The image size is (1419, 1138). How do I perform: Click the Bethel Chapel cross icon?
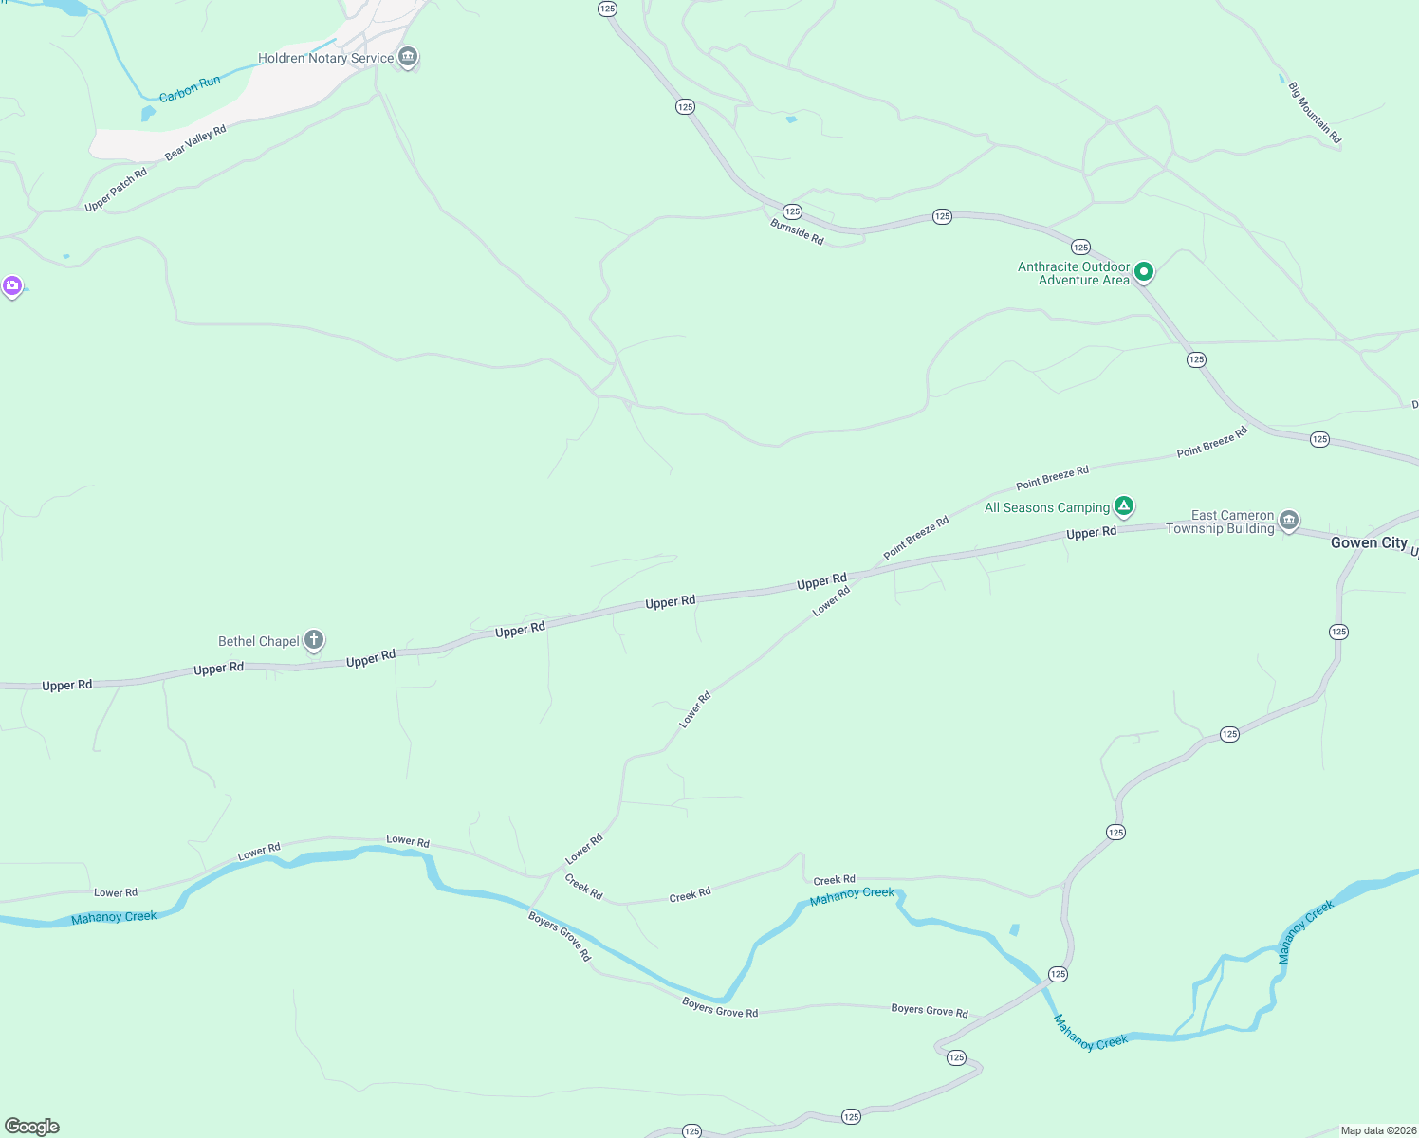314,640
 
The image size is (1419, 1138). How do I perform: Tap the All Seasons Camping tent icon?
1123,506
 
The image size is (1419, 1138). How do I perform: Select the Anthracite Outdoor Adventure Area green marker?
1144,272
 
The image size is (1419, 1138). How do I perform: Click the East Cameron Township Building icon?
1288,520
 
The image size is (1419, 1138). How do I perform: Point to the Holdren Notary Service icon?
408,57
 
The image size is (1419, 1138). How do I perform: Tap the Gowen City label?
1369,542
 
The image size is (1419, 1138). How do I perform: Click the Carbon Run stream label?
190,88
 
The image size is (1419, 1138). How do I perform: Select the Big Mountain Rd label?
1315,113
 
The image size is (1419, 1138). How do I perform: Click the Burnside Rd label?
797,232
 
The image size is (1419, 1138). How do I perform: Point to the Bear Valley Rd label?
195,142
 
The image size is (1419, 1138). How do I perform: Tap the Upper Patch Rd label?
116,190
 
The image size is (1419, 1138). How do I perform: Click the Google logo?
32,1126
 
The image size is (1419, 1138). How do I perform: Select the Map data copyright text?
1378,1130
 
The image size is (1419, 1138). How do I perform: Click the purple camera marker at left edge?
11,285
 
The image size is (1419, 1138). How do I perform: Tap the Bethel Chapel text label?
259,641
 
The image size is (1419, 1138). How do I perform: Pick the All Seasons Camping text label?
1047,507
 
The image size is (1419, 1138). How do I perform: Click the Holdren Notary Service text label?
325,58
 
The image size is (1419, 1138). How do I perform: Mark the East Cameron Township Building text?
1220,522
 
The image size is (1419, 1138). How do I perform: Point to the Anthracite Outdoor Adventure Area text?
1074,273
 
